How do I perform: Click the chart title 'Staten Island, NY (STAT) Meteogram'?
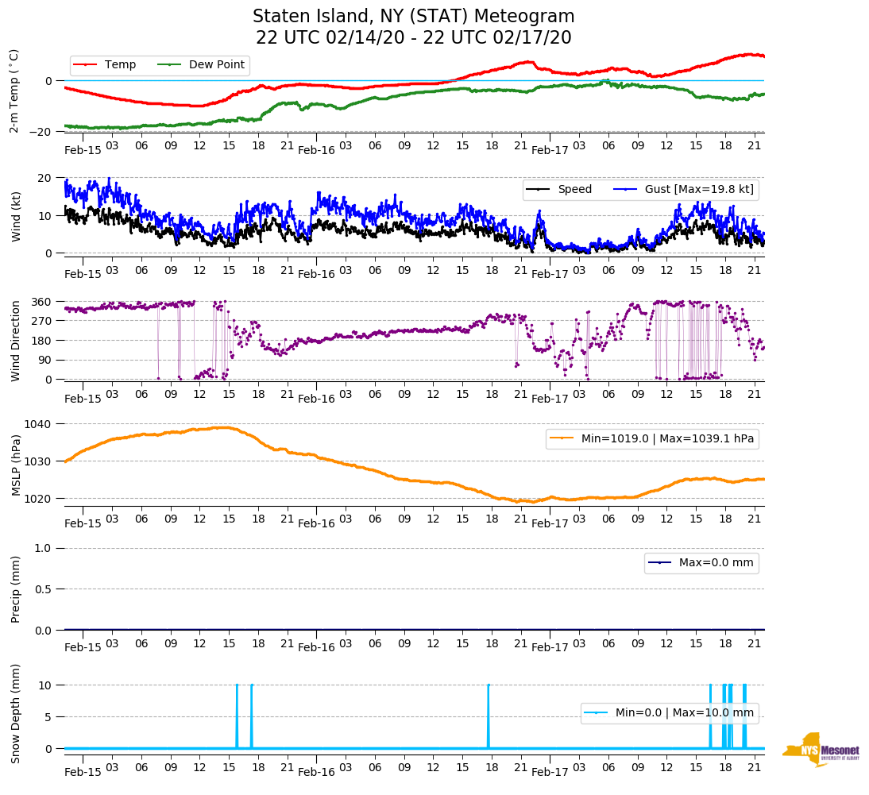point(413,17)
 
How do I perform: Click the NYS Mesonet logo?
point(821,749)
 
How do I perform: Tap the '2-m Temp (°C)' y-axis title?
point(14,91)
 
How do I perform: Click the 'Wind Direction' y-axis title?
point(16,340)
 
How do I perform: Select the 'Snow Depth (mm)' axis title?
point(16,713)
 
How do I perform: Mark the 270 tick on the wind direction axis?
point(43,321)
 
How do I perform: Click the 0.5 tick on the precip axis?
point(45,589)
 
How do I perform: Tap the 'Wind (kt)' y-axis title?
point(16,215)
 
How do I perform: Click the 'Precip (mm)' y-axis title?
point(16,589)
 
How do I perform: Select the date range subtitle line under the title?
point(413,38)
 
